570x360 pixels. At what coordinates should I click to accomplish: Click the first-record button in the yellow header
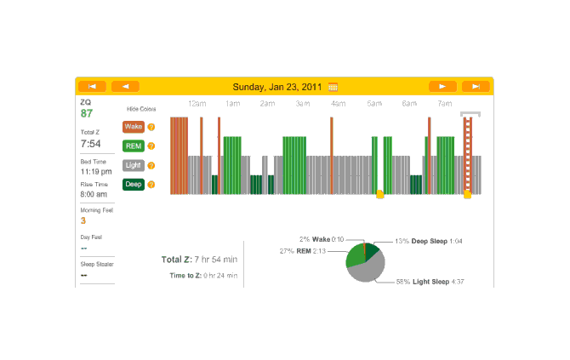(x=92, y=86)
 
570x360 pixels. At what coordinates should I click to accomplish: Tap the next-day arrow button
(x=442, y=86)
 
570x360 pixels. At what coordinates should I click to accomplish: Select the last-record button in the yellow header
(x=476, y=86)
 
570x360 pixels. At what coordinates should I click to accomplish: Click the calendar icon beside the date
(x=333, y=86)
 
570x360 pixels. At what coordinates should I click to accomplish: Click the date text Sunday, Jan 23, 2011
(x=278, y=86)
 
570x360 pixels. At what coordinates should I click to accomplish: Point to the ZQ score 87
(x=87, y=113)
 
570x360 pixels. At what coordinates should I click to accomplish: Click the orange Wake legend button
(x=134, y=127)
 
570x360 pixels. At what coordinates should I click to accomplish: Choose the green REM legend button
(x=134, y=146)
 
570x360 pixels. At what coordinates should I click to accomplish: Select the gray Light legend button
(x=134, y=165)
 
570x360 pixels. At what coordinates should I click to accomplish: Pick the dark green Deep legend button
(x=134, y=184)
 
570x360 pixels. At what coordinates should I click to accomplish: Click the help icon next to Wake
(x=151, y=127)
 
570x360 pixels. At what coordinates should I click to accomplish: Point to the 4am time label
(x=338, y=104)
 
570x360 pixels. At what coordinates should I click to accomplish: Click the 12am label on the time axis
(x=197, y=104)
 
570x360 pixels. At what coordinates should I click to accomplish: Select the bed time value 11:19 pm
(x=94, y=172)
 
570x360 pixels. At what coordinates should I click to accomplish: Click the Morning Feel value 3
(x=83, y=220)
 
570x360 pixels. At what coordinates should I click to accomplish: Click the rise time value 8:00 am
(x=94, y=195)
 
